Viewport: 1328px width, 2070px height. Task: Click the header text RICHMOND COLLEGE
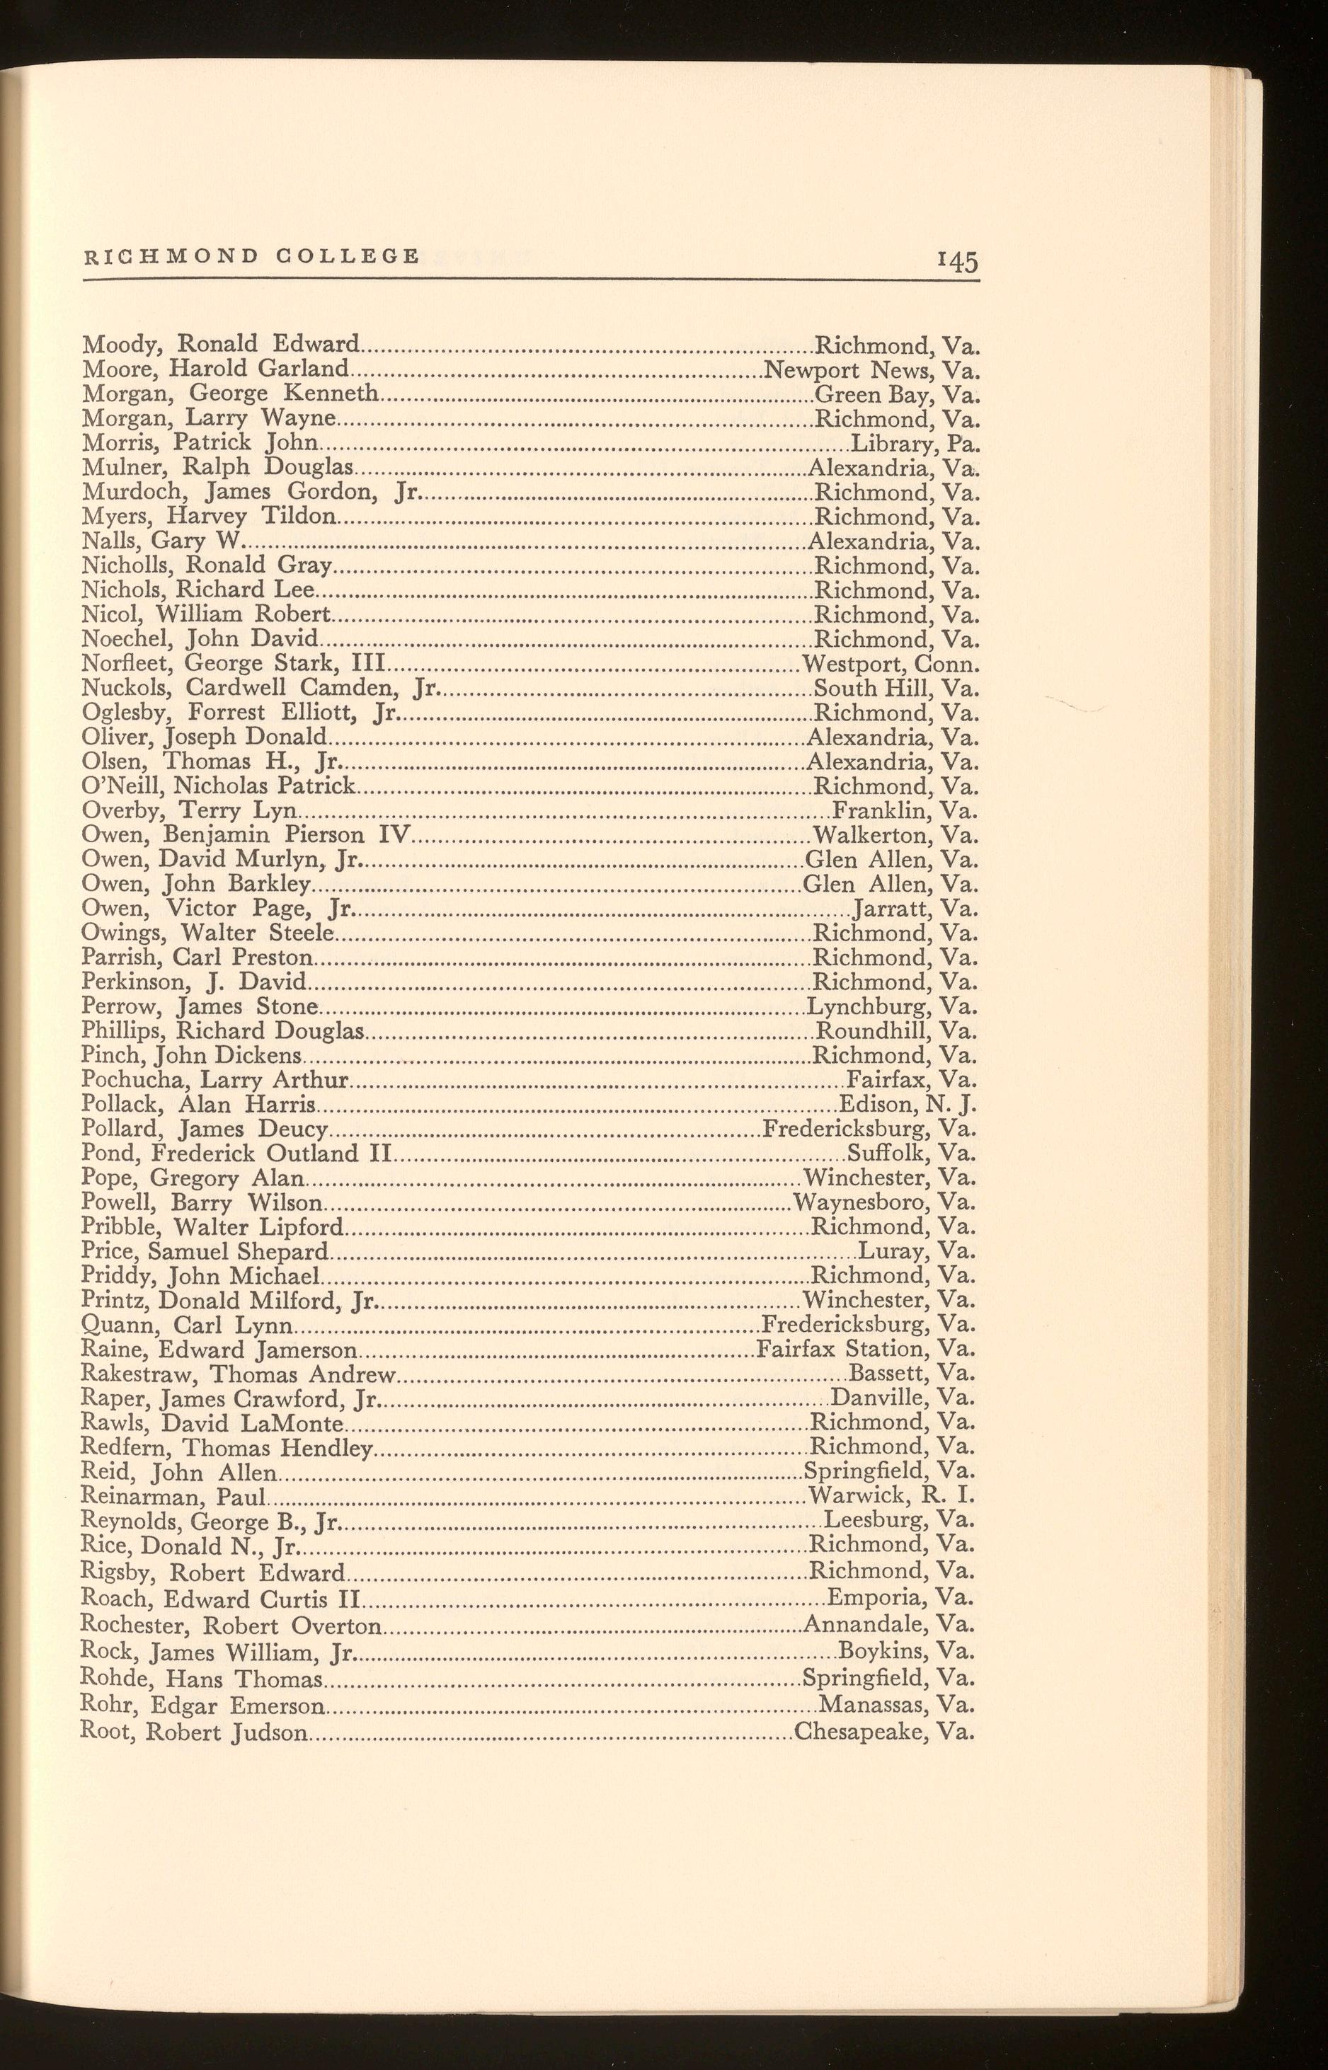click(x=251, y=256)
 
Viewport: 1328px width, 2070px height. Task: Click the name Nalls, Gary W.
click(x=163, y=541)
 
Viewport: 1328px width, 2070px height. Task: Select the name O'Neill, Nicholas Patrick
click(x=218, y=786)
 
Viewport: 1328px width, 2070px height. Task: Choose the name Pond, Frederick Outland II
click(x=237, y=1154)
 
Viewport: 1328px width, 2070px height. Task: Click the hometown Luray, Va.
click(x=917, y=1251)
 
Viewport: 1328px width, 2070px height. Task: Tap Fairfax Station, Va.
click(x=865, y=1348)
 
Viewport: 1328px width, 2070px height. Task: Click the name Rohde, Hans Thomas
click(x=201, y=1679)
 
